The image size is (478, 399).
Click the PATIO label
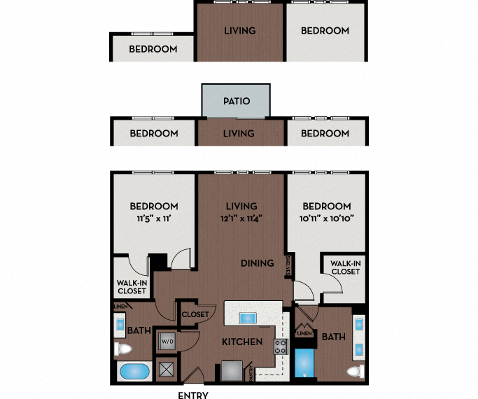coord(236,101)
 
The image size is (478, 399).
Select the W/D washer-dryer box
coord(167,341)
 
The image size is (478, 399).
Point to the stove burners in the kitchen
coord(280,346)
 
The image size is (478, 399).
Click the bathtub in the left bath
coord(134,372)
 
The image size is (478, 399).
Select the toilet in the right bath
coord(354,371)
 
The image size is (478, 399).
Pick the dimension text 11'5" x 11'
coord(153,218)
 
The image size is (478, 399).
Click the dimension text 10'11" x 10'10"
coord(326,218)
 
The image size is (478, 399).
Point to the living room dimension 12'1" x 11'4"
coord(241,218)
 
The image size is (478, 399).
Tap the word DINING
coord(257,263)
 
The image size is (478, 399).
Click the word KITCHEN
coord(242,342)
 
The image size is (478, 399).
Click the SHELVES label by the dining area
coord(288,267)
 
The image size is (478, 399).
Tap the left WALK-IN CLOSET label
coord(131,286)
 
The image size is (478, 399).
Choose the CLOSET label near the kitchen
coord(195,315)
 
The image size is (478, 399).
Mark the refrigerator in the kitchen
coord(231,370)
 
